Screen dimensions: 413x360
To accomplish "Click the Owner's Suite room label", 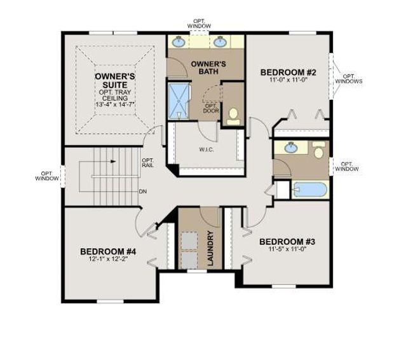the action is point(115,81).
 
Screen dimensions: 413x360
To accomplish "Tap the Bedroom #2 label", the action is point(288,73).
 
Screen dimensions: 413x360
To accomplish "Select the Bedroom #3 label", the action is point(287,242).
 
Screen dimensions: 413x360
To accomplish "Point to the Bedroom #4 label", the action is point(108,252).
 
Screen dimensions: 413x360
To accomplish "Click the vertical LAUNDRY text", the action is point(210,248).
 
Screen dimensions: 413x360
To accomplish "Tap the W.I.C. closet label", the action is point(207,150).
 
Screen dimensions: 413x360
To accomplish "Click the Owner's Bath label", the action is point(208,67).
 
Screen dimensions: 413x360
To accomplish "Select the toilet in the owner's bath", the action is point(233,116).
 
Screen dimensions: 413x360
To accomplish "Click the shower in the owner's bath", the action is point(179,101).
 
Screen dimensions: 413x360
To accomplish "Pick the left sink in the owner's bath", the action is point(179,42).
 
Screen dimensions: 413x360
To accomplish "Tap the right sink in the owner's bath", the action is point(220,42).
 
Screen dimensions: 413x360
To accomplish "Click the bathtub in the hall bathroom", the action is point(310,190).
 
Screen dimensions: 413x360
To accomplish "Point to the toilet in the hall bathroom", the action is point(319,150).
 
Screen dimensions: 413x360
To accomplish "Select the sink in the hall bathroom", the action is point(291,148).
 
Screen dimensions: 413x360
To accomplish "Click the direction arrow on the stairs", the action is point(113,162).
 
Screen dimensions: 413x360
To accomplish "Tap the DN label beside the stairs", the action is point(143,191).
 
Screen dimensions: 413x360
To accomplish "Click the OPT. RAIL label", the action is point(148,163).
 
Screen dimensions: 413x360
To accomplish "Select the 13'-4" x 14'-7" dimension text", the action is point(115,104).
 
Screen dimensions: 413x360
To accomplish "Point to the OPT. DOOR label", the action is point(211,108).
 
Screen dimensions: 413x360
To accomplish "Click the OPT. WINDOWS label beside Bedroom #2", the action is point(349,79).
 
